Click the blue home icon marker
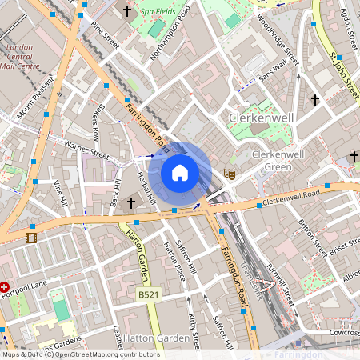tap(180, 173)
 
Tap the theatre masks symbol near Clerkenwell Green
tap(230, 172)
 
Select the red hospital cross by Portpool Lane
tap(5, 286)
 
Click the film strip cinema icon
tap(30, 237)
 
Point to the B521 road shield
tap(146, 295)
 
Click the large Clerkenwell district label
tap(262, 118)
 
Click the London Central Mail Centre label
tap(20, 57)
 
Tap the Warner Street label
tap(88, 146)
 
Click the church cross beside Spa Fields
tap(129, 12)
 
